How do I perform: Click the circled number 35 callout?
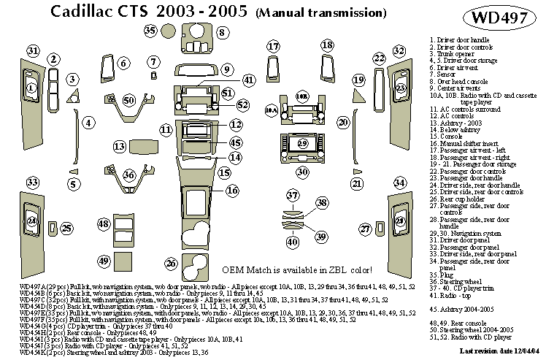(x=150, y=30)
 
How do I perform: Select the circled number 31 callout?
(x=33, y=50)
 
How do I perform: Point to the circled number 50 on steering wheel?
(x=129, y=100)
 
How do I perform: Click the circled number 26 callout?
(x=171, y=262)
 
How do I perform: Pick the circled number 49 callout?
(x=104, y=261)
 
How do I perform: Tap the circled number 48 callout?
(x=104, y=223)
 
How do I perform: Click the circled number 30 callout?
(x=302, y=172)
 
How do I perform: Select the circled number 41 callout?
(x=249, y=80)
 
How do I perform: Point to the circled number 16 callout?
(x=232, y=191)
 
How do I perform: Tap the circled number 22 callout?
(x=379, y=58)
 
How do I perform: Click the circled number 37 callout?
(x=293, y=195)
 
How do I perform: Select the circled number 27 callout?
(x=366, y=229)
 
